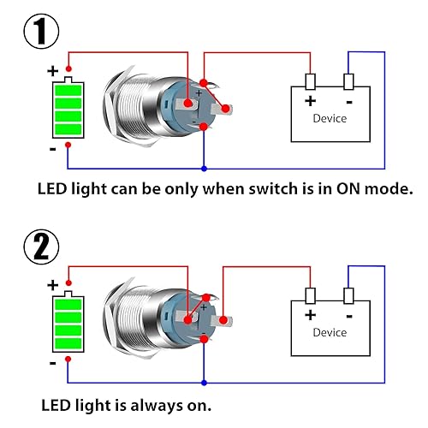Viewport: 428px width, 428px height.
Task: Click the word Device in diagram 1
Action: pos(330,118)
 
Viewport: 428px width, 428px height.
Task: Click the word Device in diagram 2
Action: pos(330,332)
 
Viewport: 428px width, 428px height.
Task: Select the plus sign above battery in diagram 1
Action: pos(52,71)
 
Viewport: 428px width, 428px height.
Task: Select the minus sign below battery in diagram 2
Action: pos(52,363)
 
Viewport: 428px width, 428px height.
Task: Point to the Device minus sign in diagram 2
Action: pos(348,314)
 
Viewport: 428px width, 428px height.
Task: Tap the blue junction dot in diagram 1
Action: pos(204,165)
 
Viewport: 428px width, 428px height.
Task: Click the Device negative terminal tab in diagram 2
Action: pos(348,295)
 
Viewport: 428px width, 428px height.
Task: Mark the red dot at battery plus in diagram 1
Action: pos(69,69)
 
